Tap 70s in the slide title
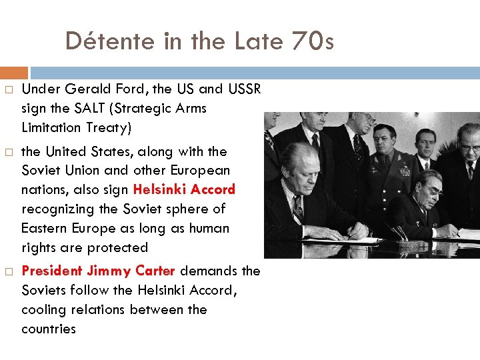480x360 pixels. tap(312, 42)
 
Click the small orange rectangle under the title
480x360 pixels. tap(14, 72)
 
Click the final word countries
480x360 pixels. tap(49, 329)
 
